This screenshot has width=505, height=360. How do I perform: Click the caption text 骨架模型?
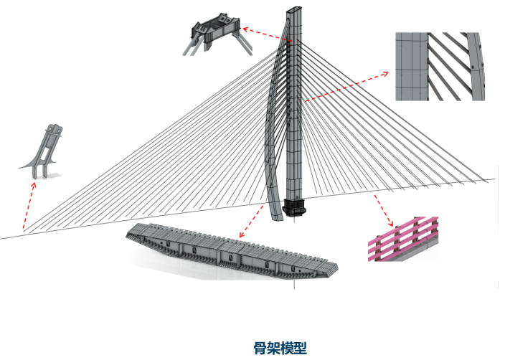[x=280, y=348]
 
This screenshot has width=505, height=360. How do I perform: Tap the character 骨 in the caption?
[x=260, y=348]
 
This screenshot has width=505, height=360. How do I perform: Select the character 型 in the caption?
[x=301, y=348]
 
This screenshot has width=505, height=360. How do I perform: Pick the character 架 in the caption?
[x=274, y=348]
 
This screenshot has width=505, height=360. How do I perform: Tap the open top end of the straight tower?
[x=294, y=9]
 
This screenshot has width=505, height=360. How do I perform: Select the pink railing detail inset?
[x=403, y=239]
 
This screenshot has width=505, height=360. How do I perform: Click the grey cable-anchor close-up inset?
[x=440, y=66]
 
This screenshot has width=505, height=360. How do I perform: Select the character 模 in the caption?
[x=287, y=348]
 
